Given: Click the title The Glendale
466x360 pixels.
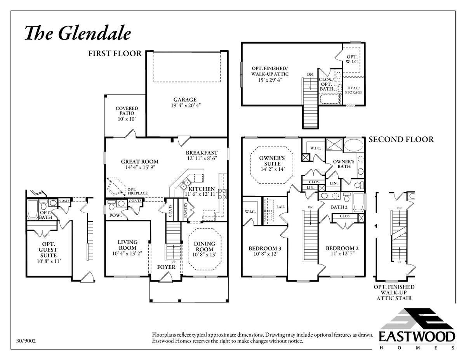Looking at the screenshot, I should point(77,33).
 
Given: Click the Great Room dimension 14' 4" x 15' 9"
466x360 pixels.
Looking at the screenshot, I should point(139,168).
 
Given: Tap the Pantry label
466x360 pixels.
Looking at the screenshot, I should point(185,210).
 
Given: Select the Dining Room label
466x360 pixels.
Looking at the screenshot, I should point(204,246).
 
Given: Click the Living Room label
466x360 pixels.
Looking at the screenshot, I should point(127,245).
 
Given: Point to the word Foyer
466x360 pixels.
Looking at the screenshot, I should point(166,267).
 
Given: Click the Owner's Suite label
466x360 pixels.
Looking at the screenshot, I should point(272,161).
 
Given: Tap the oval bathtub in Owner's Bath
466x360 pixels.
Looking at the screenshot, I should point(353,146).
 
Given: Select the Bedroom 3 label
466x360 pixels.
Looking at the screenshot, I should point(264,248).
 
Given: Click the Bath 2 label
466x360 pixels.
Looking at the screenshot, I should point(339,207).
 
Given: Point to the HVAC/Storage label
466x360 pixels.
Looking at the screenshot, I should point(353,90).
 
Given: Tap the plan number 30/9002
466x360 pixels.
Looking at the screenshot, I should point(27,341).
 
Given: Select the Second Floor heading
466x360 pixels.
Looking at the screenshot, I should point(401,139).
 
